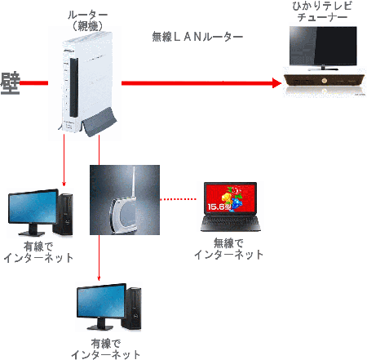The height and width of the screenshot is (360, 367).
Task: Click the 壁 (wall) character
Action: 11,83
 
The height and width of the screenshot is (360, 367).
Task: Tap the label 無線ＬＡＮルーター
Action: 197,37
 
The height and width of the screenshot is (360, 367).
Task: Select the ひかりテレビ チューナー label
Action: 322,11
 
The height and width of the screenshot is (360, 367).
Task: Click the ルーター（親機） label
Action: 87,20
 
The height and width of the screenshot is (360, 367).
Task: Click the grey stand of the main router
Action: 99,122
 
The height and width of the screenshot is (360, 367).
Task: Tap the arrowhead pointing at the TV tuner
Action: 276,83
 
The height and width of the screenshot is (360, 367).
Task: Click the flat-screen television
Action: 323,48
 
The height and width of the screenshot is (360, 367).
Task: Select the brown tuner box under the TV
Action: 324,81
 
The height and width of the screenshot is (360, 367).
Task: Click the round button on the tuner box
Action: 324,81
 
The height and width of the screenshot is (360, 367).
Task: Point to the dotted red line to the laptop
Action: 178,199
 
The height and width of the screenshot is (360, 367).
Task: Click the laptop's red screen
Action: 231,198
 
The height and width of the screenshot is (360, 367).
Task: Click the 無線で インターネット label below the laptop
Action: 228,249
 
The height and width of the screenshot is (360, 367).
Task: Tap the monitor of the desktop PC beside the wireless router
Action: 33,207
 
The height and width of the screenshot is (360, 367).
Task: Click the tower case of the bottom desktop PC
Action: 131,309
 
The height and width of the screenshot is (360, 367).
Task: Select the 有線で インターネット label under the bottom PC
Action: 105,349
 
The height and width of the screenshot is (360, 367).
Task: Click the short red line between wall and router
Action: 33,83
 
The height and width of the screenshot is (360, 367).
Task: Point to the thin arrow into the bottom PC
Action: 99,258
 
